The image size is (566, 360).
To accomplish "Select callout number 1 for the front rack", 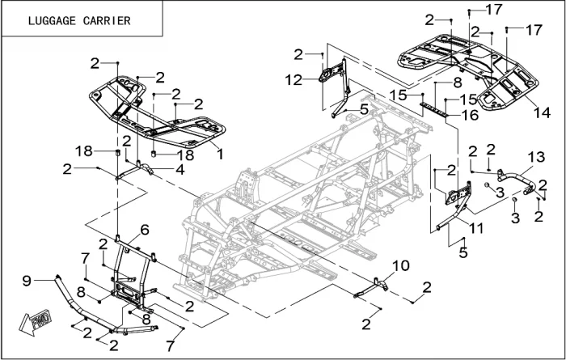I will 220,150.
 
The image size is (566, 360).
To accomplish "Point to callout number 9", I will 27,281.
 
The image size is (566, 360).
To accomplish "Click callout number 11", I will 475,229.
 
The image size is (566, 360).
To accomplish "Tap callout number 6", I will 144,230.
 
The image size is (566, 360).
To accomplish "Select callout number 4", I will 180,169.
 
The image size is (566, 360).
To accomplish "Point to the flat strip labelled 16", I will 437,106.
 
